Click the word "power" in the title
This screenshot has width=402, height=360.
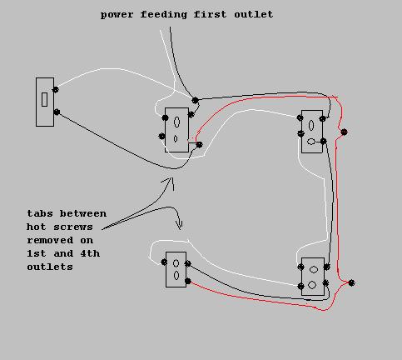pyautogui.click(x=117, y=15)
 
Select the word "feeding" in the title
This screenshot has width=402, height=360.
pyautogui.click(x=164, y=15)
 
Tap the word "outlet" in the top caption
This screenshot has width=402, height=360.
pyautogui.click(x=254, y=14)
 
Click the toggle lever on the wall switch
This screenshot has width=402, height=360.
pyautogui.click(x=44, y=99)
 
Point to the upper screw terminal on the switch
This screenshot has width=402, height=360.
pyautogui.click(x=56, y=90)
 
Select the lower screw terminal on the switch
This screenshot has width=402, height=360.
pyautogui.click(x=57, y=112)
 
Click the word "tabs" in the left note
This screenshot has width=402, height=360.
pyautogui.click(x=40, y=213)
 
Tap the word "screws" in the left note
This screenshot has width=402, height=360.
pyautogui.click(x=73, y=227)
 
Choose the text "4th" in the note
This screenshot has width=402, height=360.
pyautogui.click(x=90, y=253)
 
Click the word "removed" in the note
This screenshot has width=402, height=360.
pyautogui.click(x=50, y=240)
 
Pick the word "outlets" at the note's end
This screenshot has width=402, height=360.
pyautogui.click(x=50, y=267)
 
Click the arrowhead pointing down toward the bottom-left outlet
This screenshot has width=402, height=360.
pyautogui.click(x=180, y=225)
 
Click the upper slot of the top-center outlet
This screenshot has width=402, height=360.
pyautogui.click(x=176, y=122)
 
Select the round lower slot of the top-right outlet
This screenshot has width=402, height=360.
pyautogui.click(x=311, y=142)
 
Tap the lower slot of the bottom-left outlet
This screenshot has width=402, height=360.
pyautogui.click(x=176, y=275)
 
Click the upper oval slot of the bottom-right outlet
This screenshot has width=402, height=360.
pyautogui.click(x=314, y=269)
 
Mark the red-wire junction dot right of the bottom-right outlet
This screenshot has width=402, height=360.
pyautogui.click(x=351, y=283)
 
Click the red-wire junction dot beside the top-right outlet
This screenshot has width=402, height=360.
pyautogui.click(x=344, y=132)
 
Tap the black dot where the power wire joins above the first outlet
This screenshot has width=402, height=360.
pyautogui.click(x=196, y=100)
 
